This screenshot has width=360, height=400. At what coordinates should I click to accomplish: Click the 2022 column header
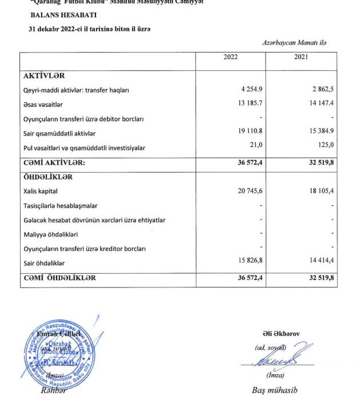230,57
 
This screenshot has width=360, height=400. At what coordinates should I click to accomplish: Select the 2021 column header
302,57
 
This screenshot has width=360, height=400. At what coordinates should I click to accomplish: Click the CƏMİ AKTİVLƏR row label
54,163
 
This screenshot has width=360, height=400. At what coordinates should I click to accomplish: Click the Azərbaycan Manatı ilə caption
294,42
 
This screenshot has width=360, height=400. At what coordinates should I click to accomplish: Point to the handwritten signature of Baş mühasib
277,361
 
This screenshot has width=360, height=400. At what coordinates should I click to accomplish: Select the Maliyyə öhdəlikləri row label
50,234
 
